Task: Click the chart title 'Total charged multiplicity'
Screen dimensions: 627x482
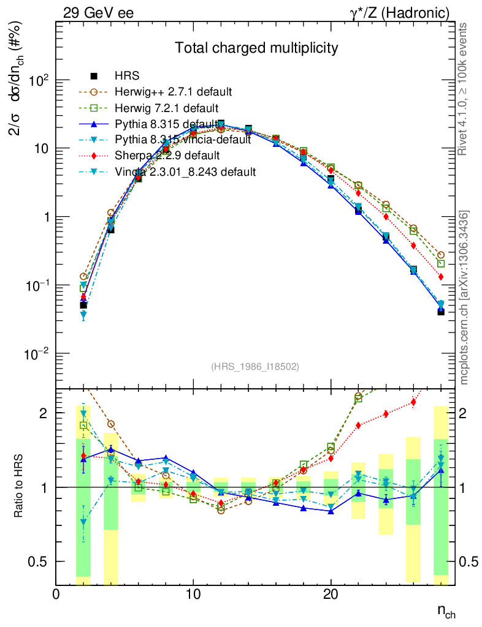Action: [256, 48]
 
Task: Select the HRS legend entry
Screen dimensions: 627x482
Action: [127, 76]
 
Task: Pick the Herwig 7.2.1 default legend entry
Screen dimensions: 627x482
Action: [167, 108]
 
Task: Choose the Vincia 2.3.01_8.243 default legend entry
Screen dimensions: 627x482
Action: [185, 171]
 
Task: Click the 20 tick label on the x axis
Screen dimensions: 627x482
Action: [331, 594]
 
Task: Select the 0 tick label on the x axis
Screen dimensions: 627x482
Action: [56, 594]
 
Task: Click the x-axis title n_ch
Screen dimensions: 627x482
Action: [446, 610]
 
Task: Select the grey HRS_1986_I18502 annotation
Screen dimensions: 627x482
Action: [255, 367]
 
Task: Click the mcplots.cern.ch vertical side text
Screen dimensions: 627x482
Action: [464, 297]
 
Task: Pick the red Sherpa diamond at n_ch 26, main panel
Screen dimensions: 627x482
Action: [413, 246]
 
